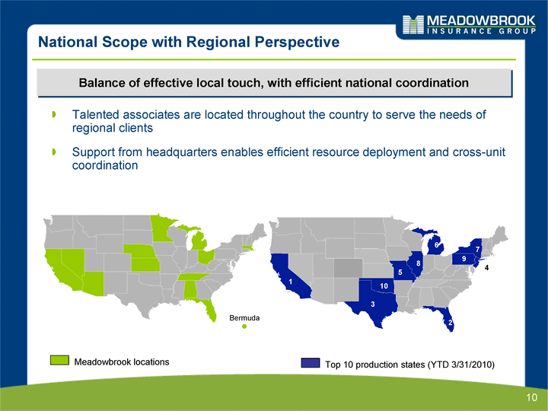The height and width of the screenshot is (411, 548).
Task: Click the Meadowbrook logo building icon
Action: [x=413, y=24]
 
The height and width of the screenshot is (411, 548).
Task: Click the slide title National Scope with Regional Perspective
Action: [x=189, y=42]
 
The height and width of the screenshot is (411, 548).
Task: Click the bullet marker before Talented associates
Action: [x=54, y=114]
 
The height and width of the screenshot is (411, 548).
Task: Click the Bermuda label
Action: [x=244, y=318]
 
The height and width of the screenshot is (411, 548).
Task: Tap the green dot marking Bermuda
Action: [x=244, y=327]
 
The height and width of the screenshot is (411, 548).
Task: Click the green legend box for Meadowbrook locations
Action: [x=59, y=360]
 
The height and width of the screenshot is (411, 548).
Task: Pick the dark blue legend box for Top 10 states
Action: [x=311, y=363]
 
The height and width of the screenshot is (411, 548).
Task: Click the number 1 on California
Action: [x=291, y=282]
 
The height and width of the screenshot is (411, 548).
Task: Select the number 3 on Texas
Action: [x=373, y=304]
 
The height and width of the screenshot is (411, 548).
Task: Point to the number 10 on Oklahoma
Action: [x=384, y=286]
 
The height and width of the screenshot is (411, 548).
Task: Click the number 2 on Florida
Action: [x=450, y=323]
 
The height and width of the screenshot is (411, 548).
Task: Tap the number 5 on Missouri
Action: [x=400, y=272]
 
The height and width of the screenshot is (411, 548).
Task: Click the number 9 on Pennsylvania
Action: [x=464, y=259]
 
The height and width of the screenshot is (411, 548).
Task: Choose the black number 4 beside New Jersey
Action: [x=486, y=268]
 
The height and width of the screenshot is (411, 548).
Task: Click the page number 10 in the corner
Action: [x=531, y=397]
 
